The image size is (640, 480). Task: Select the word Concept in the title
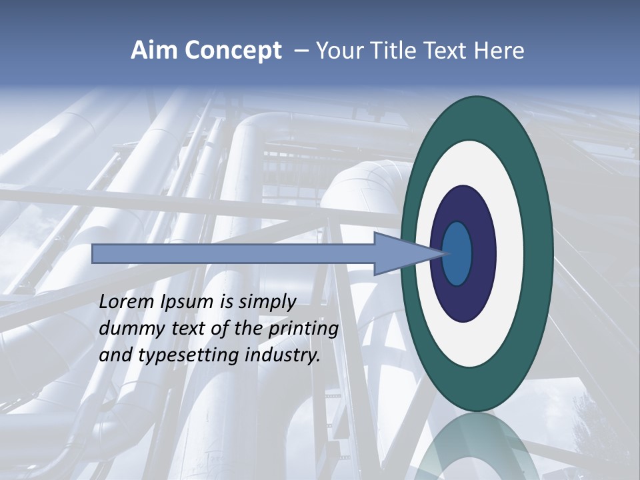233,51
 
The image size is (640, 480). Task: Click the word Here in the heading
499,51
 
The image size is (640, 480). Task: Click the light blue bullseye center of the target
457,254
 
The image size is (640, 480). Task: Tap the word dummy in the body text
129,329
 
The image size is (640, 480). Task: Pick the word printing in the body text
303,329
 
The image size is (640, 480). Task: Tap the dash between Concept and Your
301,51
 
